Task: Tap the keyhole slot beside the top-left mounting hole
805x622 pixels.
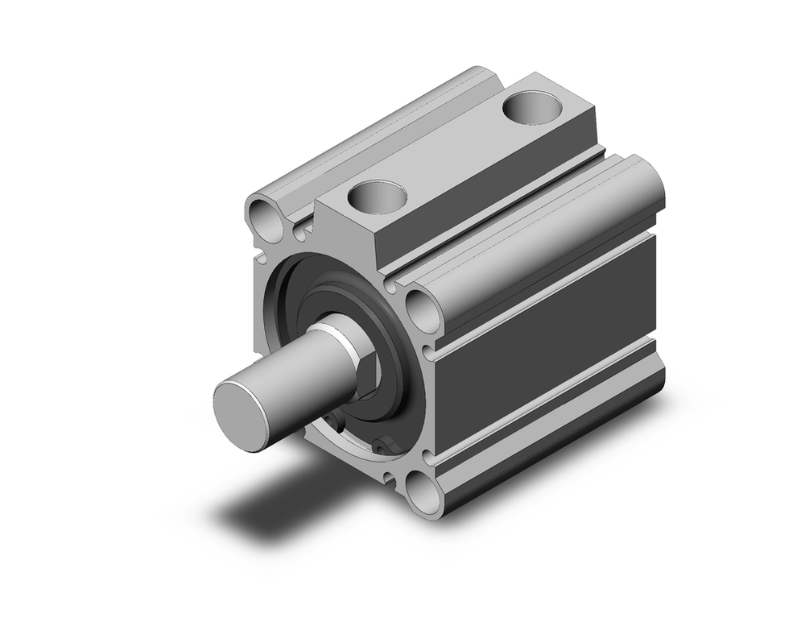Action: pyautogui.click(x=299, y=232)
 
